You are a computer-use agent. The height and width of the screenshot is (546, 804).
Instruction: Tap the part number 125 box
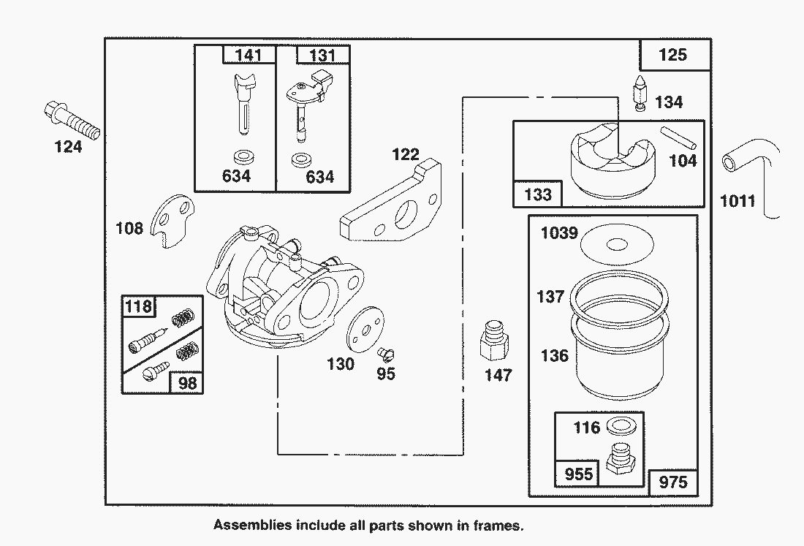[673, 55]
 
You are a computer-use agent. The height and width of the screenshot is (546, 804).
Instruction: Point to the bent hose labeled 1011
[745, 165]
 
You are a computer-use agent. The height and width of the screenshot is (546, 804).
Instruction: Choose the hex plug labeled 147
[495, 341]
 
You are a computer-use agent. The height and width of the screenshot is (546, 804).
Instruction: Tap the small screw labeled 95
[386, 354]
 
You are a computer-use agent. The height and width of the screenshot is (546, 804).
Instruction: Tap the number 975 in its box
[672, 482]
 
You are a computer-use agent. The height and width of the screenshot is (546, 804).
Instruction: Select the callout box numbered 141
[249, 55]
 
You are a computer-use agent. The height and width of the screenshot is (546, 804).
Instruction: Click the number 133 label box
[539, 195]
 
